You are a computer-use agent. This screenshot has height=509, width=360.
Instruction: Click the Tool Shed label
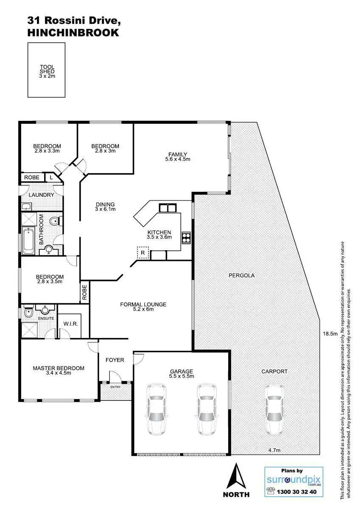pos(47,72)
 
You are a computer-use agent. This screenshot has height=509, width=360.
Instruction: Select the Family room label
pos(178,157)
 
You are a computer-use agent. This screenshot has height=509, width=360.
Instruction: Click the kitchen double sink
pos(167,208)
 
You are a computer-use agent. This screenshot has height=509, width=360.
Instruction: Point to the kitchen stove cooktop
pos(186,238)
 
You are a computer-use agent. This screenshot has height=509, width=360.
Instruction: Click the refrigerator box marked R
pos(143,254)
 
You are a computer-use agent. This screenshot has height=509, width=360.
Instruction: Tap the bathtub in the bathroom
pos(28,241)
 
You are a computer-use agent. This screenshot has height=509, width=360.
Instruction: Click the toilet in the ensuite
pos(28,313)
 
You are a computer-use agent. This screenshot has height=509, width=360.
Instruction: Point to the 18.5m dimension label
pos(329,334)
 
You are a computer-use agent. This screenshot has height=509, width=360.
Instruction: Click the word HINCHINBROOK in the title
pos(73,33)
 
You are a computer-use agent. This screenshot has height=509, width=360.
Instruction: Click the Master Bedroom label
pos(59,370)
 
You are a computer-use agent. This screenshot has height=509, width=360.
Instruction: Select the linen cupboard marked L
pos(51,177)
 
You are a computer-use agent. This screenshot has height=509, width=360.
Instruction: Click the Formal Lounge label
pos(143,307)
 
